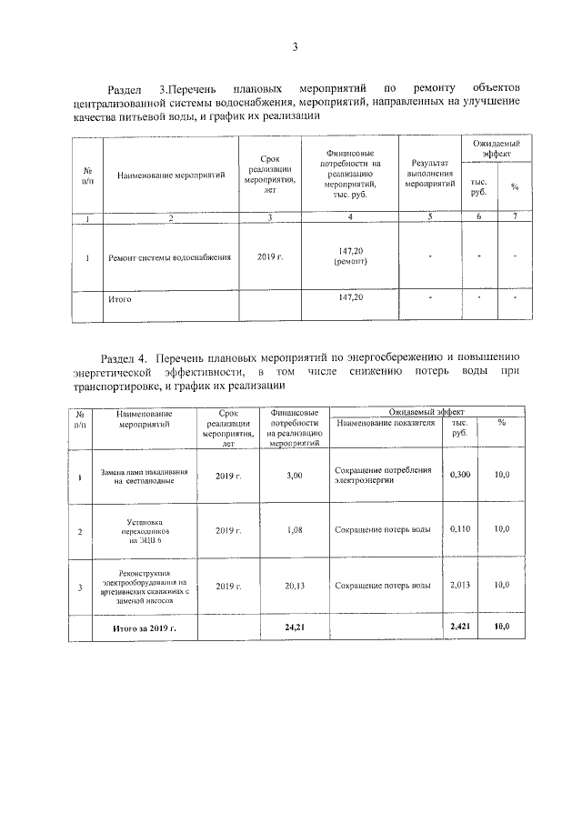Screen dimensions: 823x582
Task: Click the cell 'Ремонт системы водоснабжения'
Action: (169, 257)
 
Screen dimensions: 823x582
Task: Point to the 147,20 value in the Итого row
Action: (350, 297)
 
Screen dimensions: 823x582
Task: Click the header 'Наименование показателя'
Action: (386, 424)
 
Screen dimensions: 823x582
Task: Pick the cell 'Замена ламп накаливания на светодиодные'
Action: (144, 477)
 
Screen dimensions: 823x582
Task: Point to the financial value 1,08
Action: (293, 529)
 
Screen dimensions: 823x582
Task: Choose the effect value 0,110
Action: (460, 529)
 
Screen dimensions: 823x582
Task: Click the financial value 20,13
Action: (293, 587)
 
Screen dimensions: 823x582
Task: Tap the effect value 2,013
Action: (460, 587)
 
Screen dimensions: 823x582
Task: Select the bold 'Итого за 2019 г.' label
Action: (144, 628)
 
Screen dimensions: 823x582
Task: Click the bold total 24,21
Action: (293, 628)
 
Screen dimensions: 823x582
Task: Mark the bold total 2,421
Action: (460, 628)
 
